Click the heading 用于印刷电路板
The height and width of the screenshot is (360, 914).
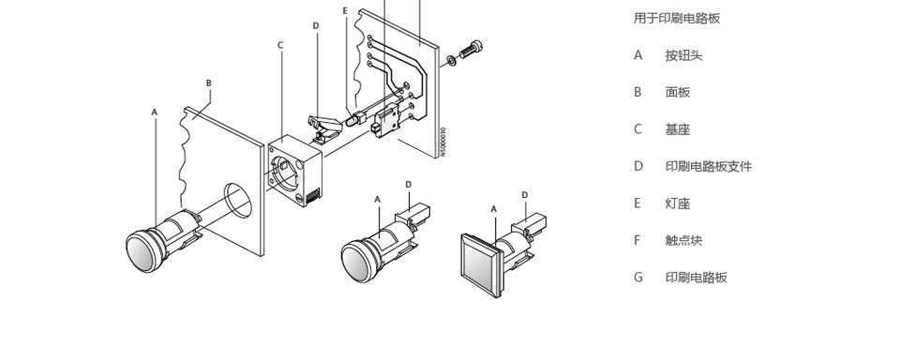(677, 18)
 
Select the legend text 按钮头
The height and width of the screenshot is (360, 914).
(683, 55)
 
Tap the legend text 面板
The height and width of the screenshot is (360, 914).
(678, 92)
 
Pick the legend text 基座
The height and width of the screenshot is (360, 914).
(678, 129)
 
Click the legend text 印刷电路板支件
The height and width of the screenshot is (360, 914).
(709, 167)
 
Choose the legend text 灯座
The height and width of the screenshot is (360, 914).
(678, 203)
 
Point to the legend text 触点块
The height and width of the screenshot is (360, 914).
(683, 240)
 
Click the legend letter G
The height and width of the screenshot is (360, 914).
(638, 277)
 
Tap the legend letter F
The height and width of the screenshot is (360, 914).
(637, 240)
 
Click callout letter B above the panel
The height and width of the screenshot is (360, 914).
(209, 83)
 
